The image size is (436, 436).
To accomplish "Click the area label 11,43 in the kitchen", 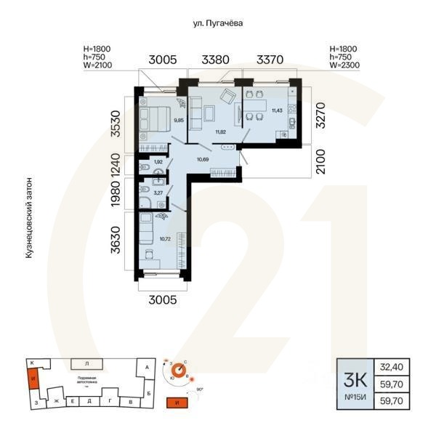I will point(277,111).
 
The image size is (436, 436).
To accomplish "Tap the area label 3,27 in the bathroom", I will point(158,194).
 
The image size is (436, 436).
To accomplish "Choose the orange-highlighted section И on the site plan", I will point(32,379).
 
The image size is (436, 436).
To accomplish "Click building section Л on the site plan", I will point(87,363).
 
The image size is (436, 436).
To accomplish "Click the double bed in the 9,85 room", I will point(156,118).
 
